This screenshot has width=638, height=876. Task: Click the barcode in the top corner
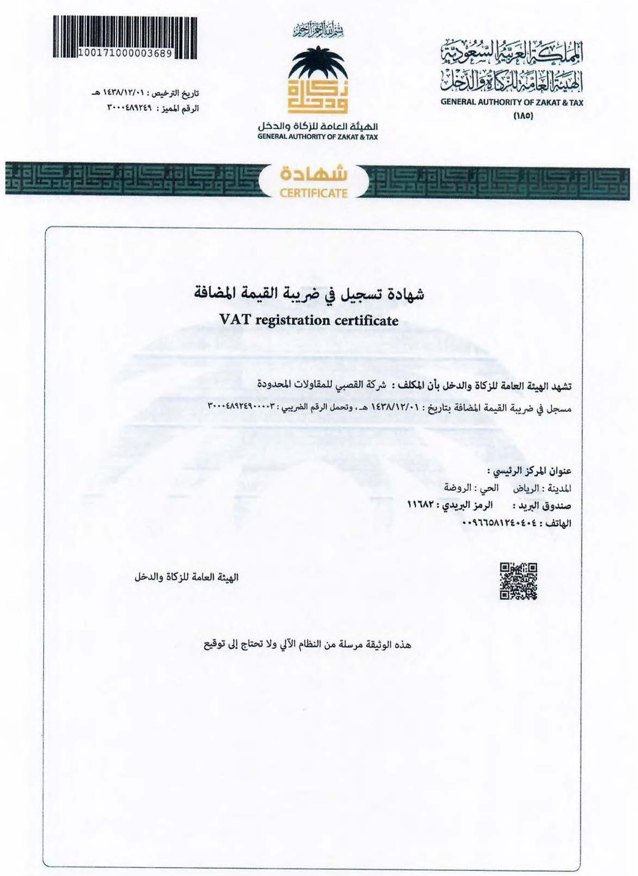(x=125, y=33)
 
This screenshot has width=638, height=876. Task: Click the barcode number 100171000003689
(x=126, y=53)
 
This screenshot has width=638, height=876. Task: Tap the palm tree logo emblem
(x=317, y=79)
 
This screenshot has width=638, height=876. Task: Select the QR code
(x=519, y=582)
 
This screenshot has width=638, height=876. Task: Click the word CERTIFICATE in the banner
(x=313, y=193)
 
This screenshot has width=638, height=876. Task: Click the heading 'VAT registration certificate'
(x=309, y=321)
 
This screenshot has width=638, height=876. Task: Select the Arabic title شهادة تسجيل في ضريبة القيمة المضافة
(x=309, y=294)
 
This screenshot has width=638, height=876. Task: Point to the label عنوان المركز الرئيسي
(x=529, y=471)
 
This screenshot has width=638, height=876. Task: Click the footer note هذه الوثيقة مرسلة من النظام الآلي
(x=307, y=645)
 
